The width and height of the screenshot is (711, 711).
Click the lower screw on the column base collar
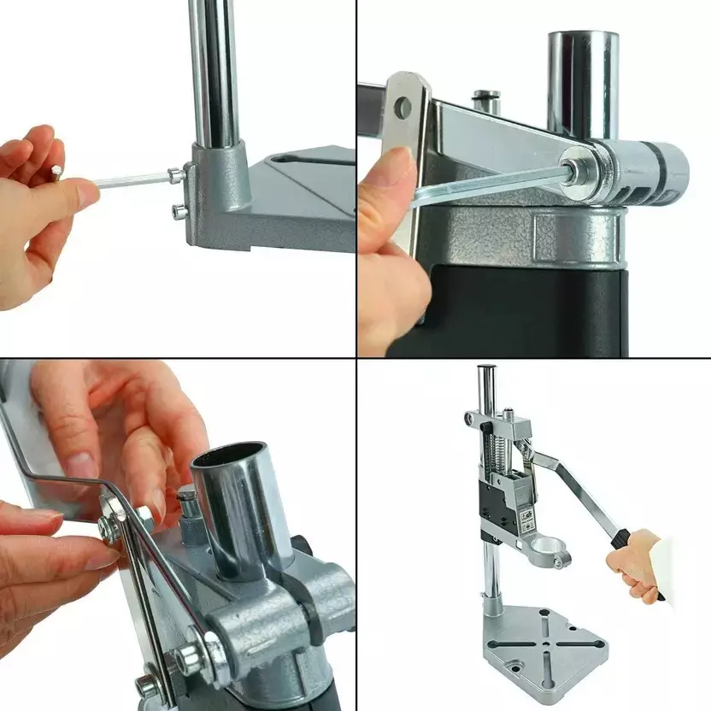179,211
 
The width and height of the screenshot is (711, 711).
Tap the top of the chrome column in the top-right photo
583,38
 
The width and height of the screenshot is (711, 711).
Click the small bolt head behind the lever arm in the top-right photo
487,96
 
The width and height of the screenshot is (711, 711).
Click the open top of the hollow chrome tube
230,460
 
